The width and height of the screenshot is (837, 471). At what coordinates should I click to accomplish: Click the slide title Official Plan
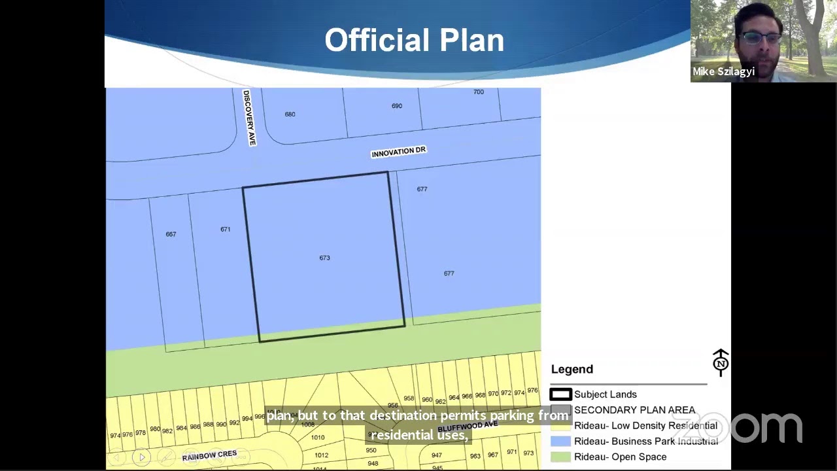(x=414, y=41)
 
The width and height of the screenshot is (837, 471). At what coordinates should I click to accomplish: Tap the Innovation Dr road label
(x=398, y=152)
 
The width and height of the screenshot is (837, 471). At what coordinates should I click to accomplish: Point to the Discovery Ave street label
(x=249, y=117)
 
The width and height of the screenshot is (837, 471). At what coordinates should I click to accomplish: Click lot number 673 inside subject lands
(x=324, y=258)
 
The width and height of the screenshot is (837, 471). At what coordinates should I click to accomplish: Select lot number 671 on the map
(x=225, y=229)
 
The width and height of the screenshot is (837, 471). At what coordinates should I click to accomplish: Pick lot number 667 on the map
(x=171, y=234)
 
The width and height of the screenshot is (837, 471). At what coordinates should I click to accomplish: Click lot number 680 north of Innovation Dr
(x=290, y=114)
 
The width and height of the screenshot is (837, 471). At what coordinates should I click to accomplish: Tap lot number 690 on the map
(x=397, y=106)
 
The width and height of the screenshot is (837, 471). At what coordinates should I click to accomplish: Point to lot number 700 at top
(x=479, y=92)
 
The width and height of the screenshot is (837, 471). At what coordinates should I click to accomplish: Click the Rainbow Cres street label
(x=209, y=455)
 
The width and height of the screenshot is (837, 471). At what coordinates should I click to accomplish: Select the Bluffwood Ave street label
(x=468, y=427)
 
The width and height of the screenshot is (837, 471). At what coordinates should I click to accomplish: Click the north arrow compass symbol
(x=721, y=362)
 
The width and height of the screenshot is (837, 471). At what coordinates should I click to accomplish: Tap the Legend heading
(x=572, y=369)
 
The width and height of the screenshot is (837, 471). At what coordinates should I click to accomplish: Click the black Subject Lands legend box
(x=560, y=394)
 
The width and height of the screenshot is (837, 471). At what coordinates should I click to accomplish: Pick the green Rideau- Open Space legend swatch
(x=560, y=457)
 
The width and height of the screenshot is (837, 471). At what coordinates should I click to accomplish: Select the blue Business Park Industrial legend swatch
(x=560, y=441)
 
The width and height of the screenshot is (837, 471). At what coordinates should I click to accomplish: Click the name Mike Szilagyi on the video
(x=723, y=71)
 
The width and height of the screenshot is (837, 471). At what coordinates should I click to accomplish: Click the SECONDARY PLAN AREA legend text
(x=634, y=410)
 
